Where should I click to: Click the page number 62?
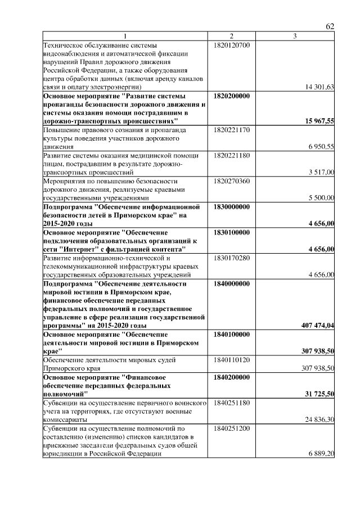(x=330, y=27)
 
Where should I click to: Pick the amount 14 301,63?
(x=319, y=87)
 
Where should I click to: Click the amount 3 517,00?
(x=321, y=172)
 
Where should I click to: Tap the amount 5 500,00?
(x=321, y=198)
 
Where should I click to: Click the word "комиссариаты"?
(x=66, y=419)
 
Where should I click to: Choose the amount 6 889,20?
(x=321, y=453)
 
